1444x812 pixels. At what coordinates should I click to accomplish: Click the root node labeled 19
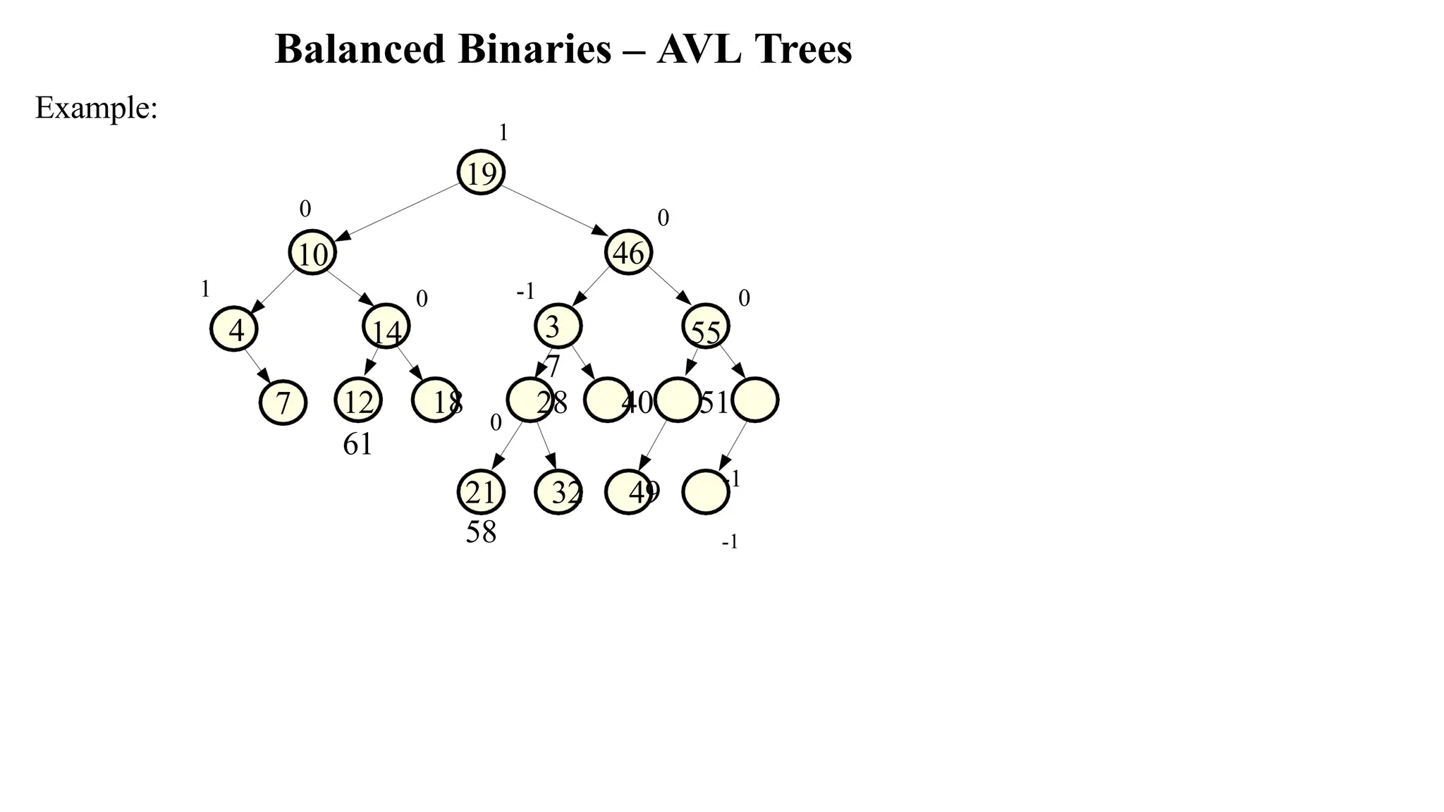[x=481, y=172]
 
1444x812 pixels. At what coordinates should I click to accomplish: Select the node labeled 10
[x=312, y=252]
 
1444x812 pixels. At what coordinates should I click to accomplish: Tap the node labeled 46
[x=628, y=252]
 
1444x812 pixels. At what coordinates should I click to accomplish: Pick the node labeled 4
[x=234, y=328]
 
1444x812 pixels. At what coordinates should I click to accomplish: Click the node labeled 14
[x=386, y=327]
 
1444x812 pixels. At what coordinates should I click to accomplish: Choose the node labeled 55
[x=706, y=327]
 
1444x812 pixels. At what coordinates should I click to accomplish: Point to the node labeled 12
[x=358, y=400]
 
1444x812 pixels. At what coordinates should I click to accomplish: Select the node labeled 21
[x=481, y=492]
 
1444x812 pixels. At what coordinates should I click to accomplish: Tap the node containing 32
[x=558, y=492]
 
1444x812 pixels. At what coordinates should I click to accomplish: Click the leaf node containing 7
[x=283, y=402]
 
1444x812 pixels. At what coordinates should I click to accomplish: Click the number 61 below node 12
[x=357, y=444]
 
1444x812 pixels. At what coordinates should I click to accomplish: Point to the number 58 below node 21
[x=481, y=532]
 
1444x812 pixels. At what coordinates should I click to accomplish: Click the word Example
[x=96, y=108]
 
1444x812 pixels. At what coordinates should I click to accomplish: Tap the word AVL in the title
[x=698, y=49]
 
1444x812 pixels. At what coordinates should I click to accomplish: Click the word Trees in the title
[x=803, y=49]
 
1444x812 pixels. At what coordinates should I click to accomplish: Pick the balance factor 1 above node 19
[x=503, y=133]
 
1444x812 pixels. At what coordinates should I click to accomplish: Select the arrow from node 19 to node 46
[x=554, y=209]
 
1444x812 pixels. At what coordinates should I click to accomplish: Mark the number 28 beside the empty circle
[x=552, y=402]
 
